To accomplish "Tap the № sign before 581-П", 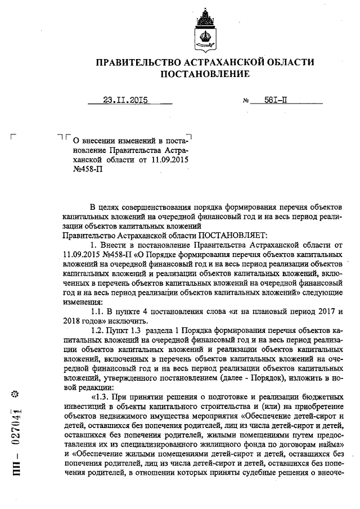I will [246, 102].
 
